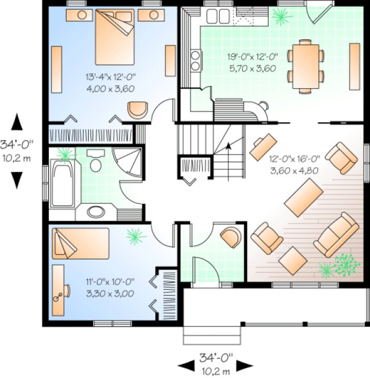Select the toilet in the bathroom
tap(96, 163)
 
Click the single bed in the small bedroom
tap(79, 243)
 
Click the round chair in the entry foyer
tap(231, 236)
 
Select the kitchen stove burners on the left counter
tap(195, 59)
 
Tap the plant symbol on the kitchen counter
tap(280, 18)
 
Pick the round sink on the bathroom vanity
tap(93, 212)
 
